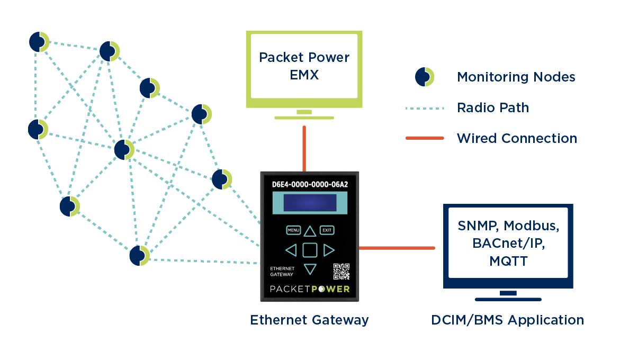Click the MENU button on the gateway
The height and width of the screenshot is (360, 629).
point(293,230)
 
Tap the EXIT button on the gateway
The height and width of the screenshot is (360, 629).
point(327,230)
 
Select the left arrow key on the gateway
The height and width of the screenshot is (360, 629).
point(291,249)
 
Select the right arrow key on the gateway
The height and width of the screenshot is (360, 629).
point(329,249)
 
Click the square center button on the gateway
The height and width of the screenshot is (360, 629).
point(310,249)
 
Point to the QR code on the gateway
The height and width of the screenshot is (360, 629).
point(342,271)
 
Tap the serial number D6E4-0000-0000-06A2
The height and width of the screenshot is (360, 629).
point(310,185)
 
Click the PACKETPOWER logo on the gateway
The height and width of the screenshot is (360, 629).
point(310,289)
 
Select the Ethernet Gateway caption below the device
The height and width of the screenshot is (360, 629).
point(309,320)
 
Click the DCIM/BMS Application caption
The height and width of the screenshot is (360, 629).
point(507,320)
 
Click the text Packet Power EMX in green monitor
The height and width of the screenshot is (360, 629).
point(304,66)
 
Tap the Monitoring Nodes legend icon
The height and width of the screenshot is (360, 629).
point(425,77)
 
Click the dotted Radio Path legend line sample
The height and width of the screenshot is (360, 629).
point(425,108)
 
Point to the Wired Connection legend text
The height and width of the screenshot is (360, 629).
point(517,139)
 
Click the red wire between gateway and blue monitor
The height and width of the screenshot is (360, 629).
point(397,248)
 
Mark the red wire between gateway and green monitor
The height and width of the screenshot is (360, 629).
point(304,148)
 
